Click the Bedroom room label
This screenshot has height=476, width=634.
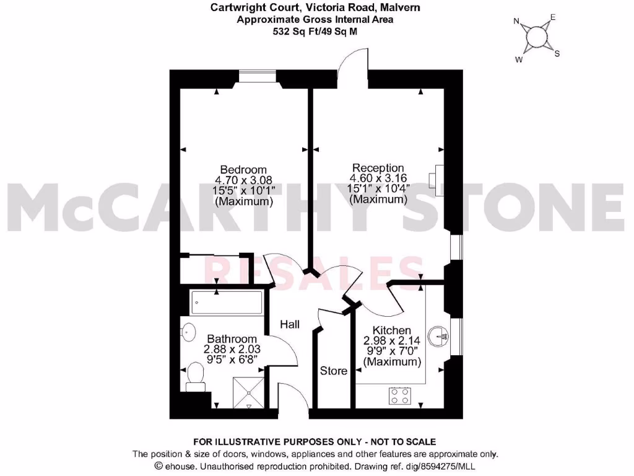pos(244,170)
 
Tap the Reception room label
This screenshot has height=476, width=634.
pos(378,168)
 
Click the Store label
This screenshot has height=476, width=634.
pos(333,371)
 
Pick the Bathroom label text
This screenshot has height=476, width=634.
pos(232,339)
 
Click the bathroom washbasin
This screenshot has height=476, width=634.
pos(186,333)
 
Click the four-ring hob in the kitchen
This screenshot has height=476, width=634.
pos(401,395)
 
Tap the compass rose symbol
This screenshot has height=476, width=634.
pos(535,38)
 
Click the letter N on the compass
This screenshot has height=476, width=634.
pos(516,21)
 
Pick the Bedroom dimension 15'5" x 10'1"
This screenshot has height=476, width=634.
pos(244,192)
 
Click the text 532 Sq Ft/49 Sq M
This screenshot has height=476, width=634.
pos(315,30)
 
